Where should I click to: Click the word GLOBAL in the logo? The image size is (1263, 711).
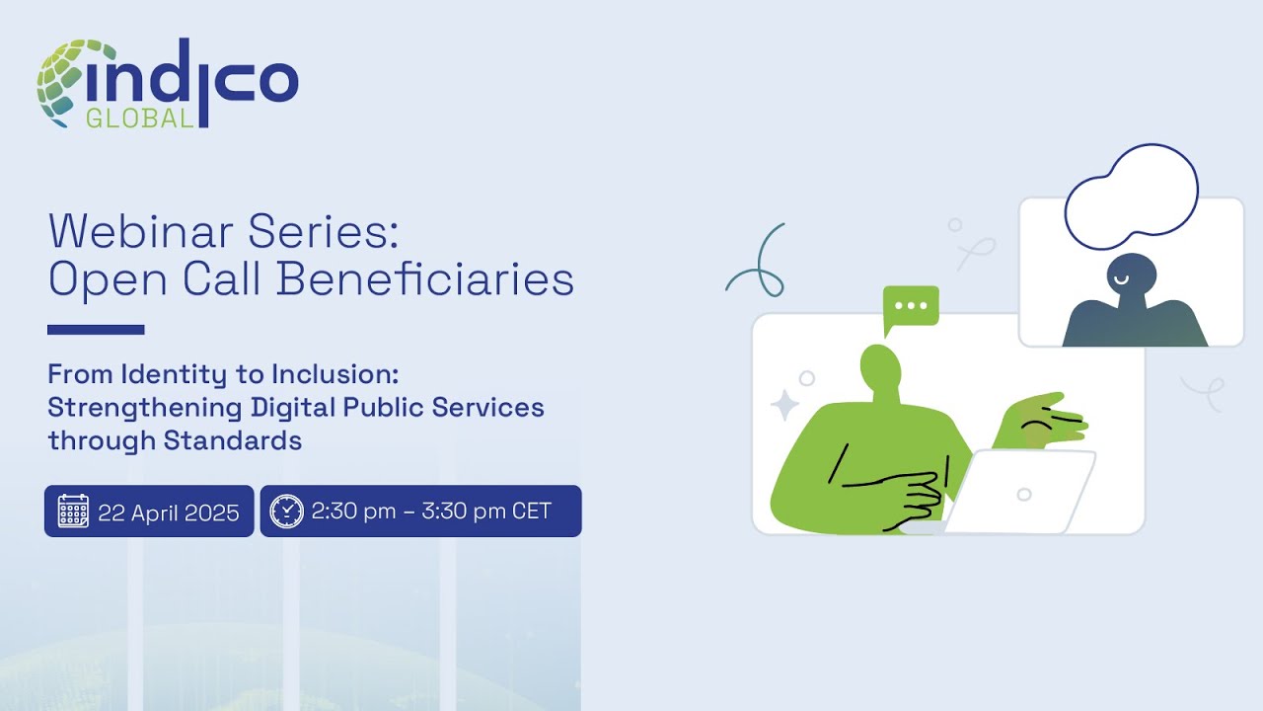pos(139,118)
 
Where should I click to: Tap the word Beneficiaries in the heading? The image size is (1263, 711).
pos(425,279)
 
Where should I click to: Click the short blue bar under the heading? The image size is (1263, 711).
pos(96,330)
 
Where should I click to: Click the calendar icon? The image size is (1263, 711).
pos(73,512)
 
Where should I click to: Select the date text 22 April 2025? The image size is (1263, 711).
pos(169,513)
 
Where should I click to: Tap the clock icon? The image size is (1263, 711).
pos(286,512)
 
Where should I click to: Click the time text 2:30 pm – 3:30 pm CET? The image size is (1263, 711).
pos(431,512)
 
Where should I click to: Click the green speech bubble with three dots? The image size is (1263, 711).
pos(910,307)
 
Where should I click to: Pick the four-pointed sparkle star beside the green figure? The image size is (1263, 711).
pos(785,405)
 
